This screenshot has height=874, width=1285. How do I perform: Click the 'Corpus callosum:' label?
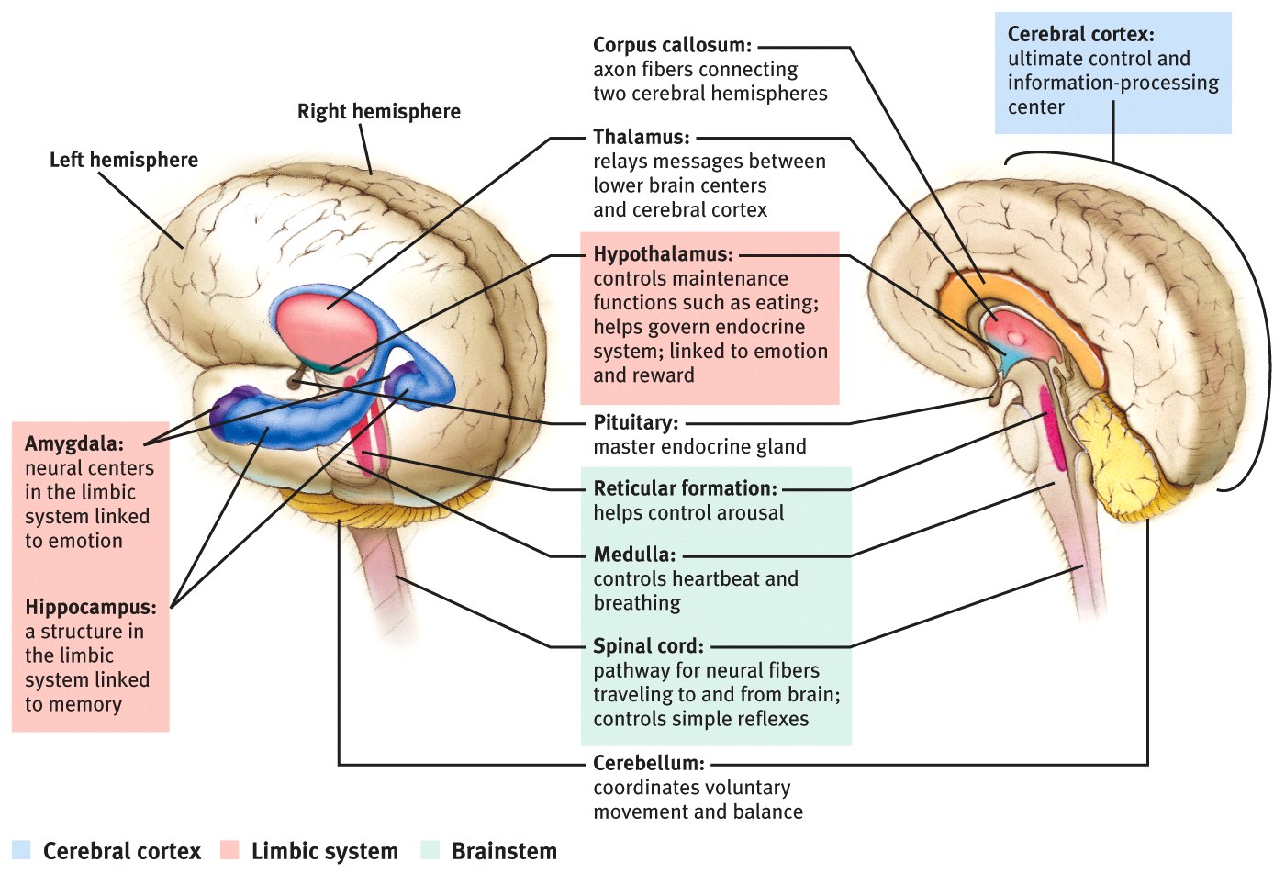(x=672, y=45)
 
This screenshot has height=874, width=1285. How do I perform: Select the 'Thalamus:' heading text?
(x=641, y=137)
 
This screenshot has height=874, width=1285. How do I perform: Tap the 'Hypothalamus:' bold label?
(x=663, y=254)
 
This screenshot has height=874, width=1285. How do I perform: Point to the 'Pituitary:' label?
(x=635, y=423)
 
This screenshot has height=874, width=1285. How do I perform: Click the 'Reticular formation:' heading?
(x=685, y=488)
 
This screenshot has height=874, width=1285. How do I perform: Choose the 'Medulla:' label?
(x=633, y=555)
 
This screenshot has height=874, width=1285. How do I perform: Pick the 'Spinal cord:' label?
(x=648, y=646)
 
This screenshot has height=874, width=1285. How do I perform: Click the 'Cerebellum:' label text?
(x=648, y=764)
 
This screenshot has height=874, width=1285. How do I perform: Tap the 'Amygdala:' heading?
(x=73, y=444)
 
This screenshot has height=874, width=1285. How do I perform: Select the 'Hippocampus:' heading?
(x=90, y=608)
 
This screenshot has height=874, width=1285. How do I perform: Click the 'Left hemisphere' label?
(x=124, y=160)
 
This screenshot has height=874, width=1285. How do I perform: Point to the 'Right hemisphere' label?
(x=379, y=112)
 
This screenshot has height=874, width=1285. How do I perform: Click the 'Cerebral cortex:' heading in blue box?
(x=1080, y=35)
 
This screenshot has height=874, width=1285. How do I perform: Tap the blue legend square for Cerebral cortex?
(x=22, y=850)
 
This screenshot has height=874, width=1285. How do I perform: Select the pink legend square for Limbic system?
(x=229, y=850)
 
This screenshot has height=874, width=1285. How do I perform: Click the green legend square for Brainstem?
(x=430, y=850)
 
